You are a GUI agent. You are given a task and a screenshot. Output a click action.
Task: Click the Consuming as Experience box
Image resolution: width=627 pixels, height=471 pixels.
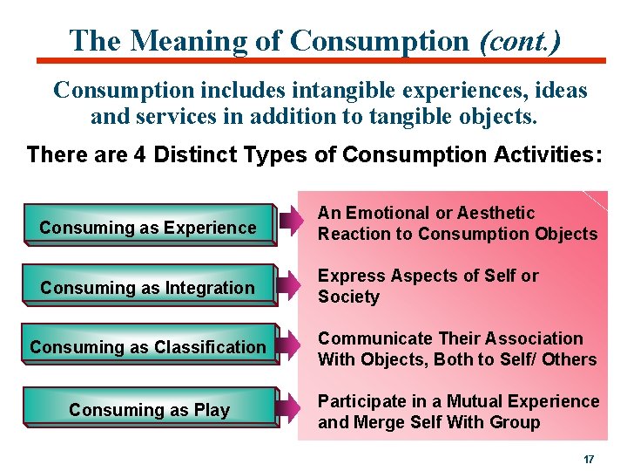click(148, 228)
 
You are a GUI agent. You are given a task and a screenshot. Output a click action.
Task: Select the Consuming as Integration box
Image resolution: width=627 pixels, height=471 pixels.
click(148, 288)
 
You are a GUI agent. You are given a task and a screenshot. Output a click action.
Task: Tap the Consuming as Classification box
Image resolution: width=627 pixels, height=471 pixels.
click(148, 347)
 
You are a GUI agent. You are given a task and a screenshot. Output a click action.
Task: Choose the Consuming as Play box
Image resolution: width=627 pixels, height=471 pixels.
click(148, 410)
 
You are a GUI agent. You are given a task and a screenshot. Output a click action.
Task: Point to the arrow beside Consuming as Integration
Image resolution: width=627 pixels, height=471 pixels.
click(290, 285)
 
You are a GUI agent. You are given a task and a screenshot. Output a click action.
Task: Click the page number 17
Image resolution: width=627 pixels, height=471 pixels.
click(589, 459)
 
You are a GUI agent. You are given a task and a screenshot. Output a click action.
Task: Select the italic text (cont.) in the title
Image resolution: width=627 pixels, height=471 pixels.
click(520, 40)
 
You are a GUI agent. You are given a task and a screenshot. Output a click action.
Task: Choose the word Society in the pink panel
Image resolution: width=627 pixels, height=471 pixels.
click(348, 297)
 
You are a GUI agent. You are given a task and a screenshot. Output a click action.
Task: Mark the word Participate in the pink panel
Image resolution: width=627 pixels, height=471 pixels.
click(359, 401)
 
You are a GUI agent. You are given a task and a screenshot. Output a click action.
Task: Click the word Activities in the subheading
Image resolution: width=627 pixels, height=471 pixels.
click(544, 155)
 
